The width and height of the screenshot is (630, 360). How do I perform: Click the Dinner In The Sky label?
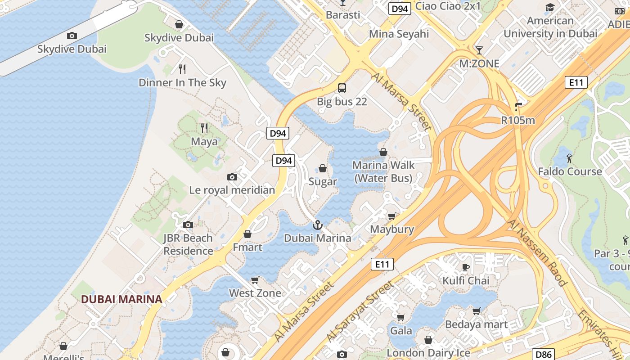(182, 83)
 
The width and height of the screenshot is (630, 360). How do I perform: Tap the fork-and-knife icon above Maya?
(204, 128)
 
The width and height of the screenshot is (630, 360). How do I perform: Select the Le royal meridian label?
(232, 190)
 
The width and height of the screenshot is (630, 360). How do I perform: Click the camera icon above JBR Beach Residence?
(188, 225)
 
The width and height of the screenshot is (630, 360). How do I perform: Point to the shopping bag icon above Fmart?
(247, 234)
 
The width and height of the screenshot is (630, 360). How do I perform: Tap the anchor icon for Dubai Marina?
(318, 225)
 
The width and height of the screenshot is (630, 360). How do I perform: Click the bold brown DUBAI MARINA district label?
(121, 299)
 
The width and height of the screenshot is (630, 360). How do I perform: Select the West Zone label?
(255, 293)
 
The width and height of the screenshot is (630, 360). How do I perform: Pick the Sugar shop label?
(323, 182)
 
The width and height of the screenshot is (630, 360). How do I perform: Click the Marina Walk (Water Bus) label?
(383, 172)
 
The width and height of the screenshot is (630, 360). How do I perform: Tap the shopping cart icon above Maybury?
(392, 216)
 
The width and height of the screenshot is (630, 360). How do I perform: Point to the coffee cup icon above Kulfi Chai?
(466, 268)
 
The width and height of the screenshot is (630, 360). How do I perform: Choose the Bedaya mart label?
(476, 324)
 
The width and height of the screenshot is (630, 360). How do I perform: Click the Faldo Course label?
(570, 171)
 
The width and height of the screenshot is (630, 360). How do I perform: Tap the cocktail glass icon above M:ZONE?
(479, 50)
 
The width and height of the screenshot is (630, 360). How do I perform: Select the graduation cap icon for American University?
(550, 7)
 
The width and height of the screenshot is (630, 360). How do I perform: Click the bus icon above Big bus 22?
(342, 88)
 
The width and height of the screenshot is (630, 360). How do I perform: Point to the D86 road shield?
(543, 354)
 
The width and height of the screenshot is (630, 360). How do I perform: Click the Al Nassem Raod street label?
(536, 252)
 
